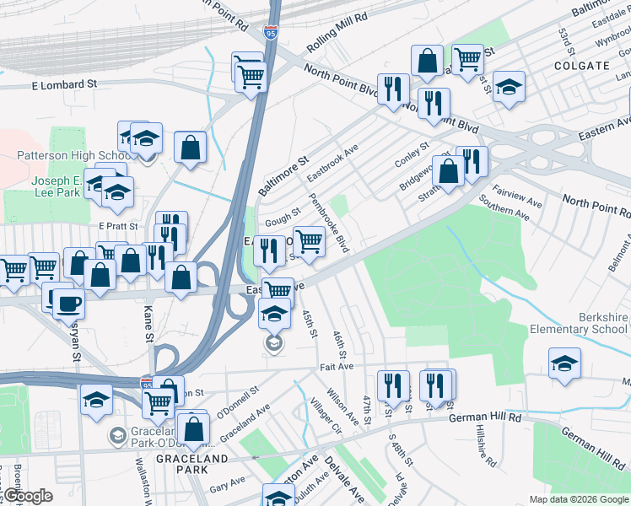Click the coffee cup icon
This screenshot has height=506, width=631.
click(x=68, y=301)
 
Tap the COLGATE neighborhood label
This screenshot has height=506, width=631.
click(x=581, y=65)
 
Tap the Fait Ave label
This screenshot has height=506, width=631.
click(x=337, y=367)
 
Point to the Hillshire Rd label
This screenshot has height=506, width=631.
click(x=486, y=443)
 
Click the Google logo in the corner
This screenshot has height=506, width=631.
click(x=27, y=496)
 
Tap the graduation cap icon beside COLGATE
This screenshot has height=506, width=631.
click(x=509, y=86)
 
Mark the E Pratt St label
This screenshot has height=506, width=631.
click(x=117, y=227)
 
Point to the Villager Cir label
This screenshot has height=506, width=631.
click(x=325, y=416)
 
